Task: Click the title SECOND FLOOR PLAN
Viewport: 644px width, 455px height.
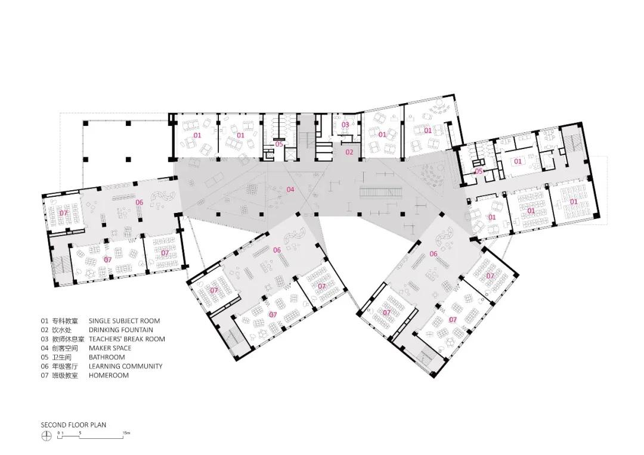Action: (73, 425)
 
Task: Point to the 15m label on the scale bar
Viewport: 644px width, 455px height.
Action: (126, 432)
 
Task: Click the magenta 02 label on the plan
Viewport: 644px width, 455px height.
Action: (349, 152)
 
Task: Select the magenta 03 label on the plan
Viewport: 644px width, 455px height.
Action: (345, 125)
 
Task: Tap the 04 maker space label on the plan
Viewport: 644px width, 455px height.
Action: (290, 190)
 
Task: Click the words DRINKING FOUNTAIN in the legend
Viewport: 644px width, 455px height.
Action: (120, 330)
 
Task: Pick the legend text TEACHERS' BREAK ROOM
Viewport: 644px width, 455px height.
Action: (126, 339)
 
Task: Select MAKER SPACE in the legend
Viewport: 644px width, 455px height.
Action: (110, 348)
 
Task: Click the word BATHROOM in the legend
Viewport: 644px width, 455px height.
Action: (107, 357)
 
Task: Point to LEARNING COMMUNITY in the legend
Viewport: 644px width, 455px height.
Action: (125, 366)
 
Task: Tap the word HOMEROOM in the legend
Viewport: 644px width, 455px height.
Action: (109, 375)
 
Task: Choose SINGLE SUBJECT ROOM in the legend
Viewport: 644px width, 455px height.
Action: (124, 321)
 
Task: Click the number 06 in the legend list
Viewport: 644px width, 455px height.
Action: (44, 366)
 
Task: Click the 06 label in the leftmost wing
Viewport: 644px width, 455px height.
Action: (139, 202)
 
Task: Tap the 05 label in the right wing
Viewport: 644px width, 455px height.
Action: (479, 171)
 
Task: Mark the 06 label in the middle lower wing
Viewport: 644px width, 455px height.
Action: (277, 250)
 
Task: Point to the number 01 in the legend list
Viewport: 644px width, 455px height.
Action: (44, 321)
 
